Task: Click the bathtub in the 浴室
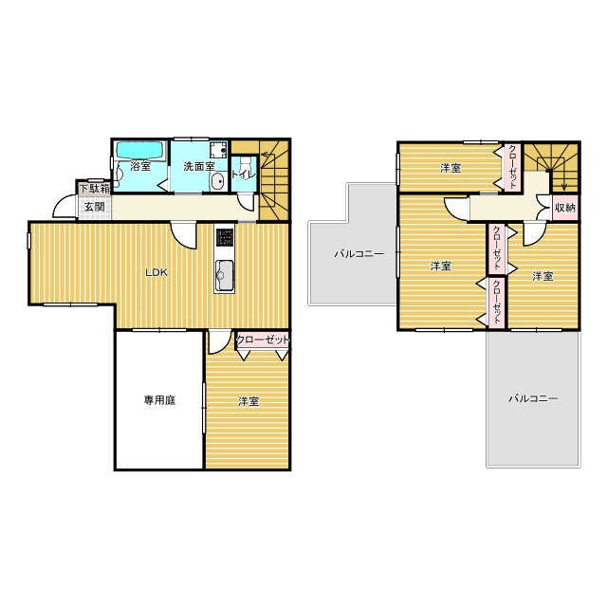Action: point(140,150)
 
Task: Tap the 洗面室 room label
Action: point(199,167)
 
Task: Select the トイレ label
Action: point(244,175)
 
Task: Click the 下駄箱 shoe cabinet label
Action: point(95,189)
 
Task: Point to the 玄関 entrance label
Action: point(95,207)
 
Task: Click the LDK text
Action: point(156,272)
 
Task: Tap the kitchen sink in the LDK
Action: point(224,275)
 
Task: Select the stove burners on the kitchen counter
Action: point(225,237)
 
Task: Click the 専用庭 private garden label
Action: point(160,400)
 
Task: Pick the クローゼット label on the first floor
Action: point(263,340)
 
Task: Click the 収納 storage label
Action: point(565,208)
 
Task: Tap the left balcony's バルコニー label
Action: point(359,254)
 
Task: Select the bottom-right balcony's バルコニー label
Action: point(533,398)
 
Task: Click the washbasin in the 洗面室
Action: point(218,181)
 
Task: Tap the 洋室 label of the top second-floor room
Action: point(451,169)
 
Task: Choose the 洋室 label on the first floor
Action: point(248,401)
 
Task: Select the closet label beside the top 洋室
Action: point(512,167)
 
